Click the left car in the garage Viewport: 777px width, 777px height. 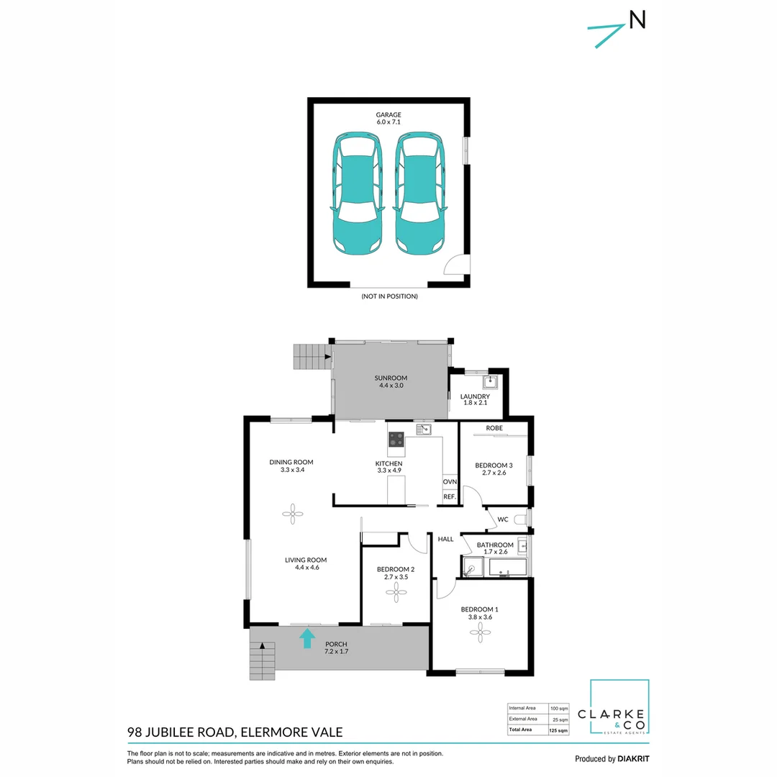(358, 193)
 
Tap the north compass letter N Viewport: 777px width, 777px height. (637, 20)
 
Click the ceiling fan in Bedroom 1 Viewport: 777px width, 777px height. (480, 632)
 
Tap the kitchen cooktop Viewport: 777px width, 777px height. (396, 438)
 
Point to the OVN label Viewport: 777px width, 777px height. (450, 481)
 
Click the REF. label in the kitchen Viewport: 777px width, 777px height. (450, 496)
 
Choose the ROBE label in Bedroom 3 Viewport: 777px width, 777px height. (494, 428)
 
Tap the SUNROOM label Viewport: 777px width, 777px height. (391, 378)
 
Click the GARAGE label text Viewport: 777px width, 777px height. (388, 114)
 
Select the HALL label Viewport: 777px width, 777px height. (445, 539)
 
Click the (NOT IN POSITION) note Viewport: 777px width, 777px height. (389, 296)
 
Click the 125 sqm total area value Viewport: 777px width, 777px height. (558, 730)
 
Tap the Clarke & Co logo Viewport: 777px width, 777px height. (619, 708)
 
